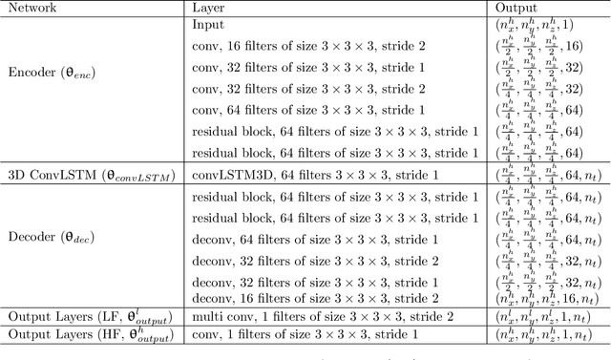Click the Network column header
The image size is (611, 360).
pos(32,9)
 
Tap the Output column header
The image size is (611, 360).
pos(508,9)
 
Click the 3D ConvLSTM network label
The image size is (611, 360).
pos(82,173)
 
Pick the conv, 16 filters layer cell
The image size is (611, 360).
pos(313,45)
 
